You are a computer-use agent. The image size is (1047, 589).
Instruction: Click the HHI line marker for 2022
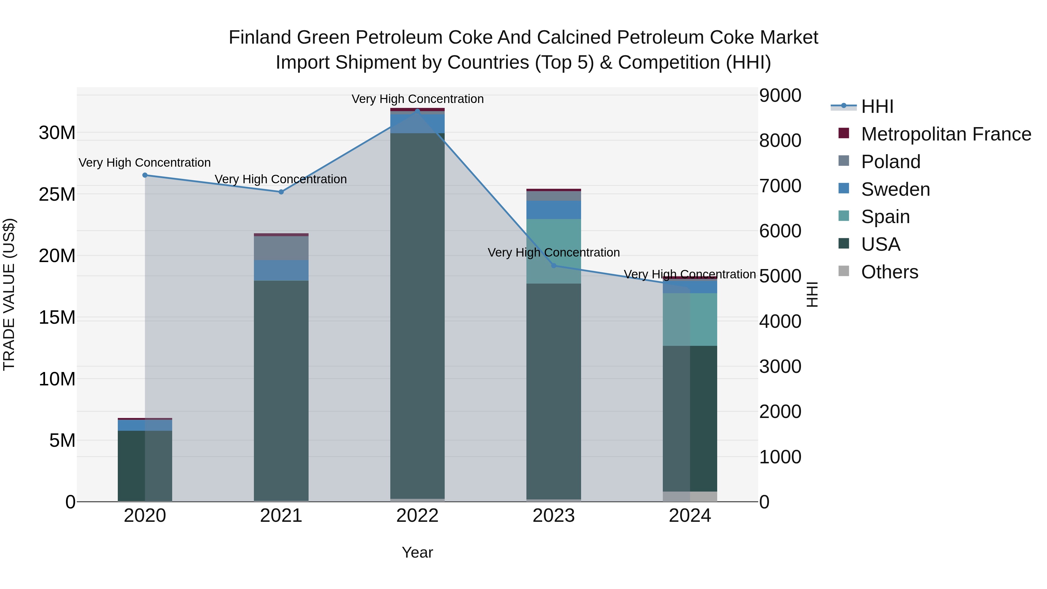tap(417, 111)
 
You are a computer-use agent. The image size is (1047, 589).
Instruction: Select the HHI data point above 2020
tap(145, 175)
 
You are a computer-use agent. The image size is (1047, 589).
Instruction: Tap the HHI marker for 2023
tap(553, 266)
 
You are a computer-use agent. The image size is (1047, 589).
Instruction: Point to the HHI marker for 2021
tap(281, 192)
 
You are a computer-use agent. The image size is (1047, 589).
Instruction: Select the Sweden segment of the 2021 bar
tap(281, 270)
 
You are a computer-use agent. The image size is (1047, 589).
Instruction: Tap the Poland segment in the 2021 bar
tap(281, 248)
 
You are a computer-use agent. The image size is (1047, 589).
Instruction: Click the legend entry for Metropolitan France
tap(946, 134)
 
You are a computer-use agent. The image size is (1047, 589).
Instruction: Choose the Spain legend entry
tap(885, 217)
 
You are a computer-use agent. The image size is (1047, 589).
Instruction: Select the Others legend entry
tap(889, 272)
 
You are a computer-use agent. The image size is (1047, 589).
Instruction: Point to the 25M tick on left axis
tap(57, 194)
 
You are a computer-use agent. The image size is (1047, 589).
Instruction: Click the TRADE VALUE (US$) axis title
tap(9, 295)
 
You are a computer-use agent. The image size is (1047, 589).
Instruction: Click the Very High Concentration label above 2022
tap(417, 99)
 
